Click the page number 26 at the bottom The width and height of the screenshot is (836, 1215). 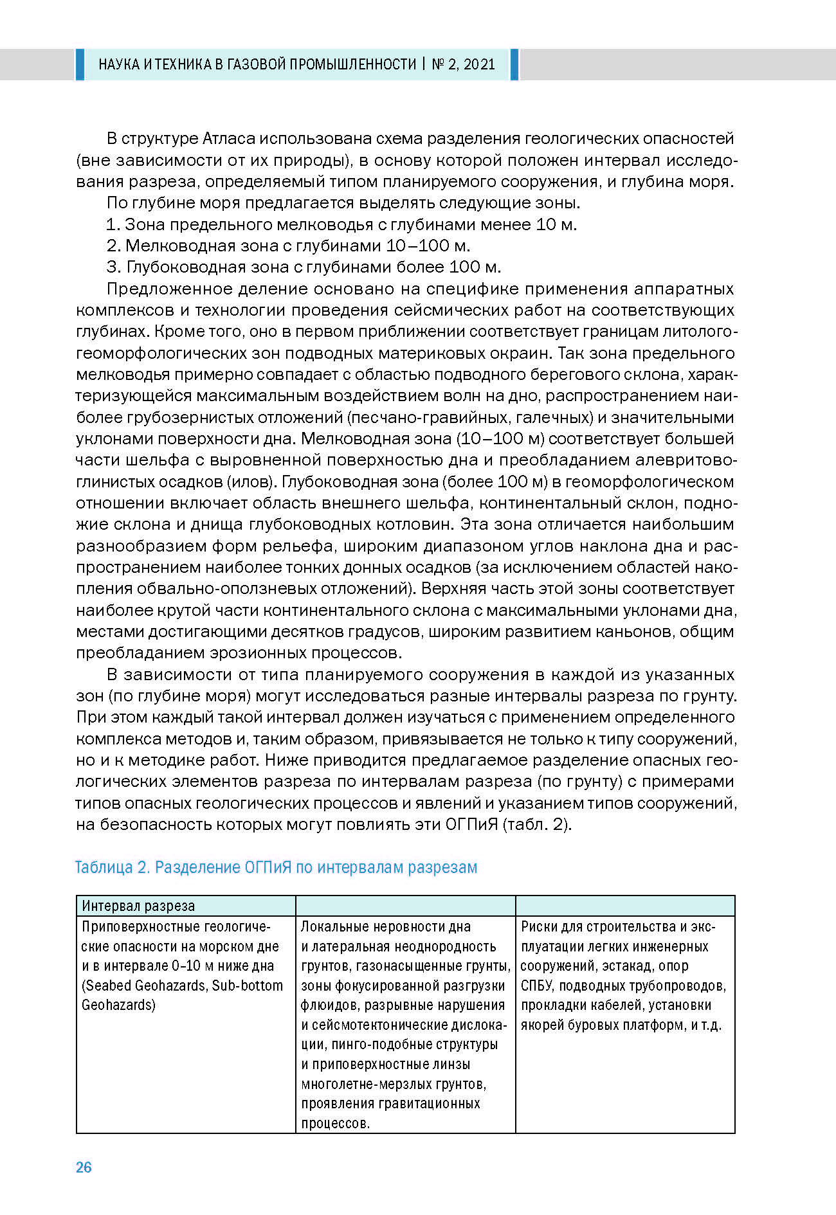(84, 1167)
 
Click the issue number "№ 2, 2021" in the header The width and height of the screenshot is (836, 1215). (463, 64)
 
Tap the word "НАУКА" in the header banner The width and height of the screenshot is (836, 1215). (119, 64)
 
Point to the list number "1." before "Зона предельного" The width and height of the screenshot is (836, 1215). (113, 225)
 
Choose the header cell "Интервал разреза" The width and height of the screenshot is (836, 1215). (138, 906)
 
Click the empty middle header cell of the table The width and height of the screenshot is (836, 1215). (405, 906)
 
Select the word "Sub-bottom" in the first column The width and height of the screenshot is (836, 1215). (248, 986)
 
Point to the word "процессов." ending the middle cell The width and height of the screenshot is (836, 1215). (335, 1123)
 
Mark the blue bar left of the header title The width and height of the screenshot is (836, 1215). (80, 64)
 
